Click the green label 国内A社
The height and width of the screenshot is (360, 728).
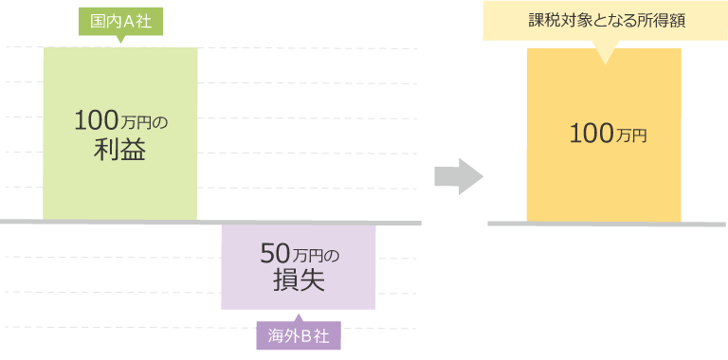(x=120, y=22)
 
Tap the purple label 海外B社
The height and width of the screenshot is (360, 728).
(x=298, y=336)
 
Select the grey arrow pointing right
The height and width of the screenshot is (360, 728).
(x=459, y=176)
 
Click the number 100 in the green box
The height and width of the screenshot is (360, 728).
(x=96, y=121)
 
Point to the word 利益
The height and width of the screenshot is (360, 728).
(x=119, y=150)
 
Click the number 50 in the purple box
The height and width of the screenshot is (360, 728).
(x=273, y=253)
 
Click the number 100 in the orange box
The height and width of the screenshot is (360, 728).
(x=591, y=135)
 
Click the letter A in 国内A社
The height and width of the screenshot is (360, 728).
(x=129, y=22)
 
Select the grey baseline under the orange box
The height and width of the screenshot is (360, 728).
(x=606, y=224)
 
